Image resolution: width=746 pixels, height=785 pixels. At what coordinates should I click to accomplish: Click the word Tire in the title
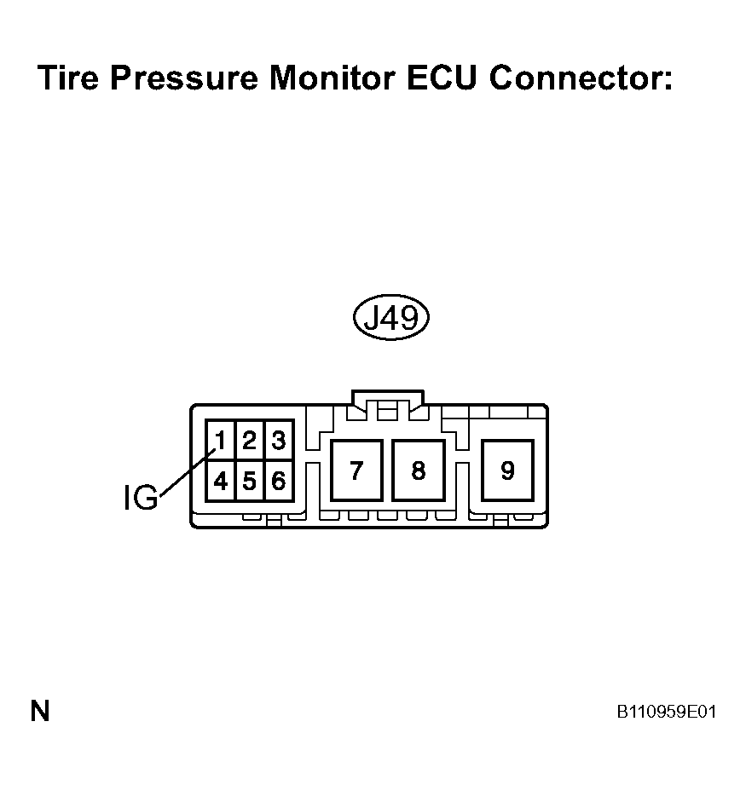point(68,78)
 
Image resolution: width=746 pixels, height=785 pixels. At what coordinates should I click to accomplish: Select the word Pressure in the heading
point(184,78)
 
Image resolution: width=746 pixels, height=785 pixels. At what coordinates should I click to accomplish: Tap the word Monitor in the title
point(333,78)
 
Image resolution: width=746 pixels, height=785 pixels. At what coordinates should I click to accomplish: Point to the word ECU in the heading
point(441,78)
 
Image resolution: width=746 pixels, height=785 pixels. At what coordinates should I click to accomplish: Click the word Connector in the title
point(581,78)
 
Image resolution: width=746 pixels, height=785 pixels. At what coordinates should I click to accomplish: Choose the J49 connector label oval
point(391,317)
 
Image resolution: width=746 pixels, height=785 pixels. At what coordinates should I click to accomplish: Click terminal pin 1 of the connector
point(220,441)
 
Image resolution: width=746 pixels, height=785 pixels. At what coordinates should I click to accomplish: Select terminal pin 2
point(249,441)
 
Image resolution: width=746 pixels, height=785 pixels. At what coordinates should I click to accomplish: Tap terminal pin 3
point(279,441)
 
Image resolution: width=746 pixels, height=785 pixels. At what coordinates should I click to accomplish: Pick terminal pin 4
point(220,481)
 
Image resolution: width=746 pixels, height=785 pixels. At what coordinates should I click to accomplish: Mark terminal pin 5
point(249,481)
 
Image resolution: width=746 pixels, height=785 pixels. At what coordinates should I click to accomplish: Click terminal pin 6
point(279,481)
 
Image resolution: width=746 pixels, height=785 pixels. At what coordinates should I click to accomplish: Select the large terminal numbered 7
point(356,470)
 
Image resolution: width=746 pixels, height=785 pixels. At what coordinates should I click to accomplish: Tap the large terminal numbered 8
point(419,470)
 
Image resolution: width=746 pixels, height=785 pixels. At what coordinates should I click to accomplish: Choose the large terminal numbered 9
point(507,470)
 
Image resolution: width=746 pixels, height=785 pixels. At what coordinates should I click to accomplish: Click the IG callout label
point(141,498)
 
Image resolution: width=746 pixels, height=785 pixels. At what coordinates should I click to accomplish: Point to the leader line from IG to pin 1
point(188,471)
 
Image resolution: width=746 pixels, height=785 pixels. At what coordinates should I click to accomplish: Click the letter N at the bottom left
point(40,711)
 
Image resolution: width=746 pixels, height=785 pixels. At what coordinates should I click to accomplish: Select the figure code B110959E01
point(667,712)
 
